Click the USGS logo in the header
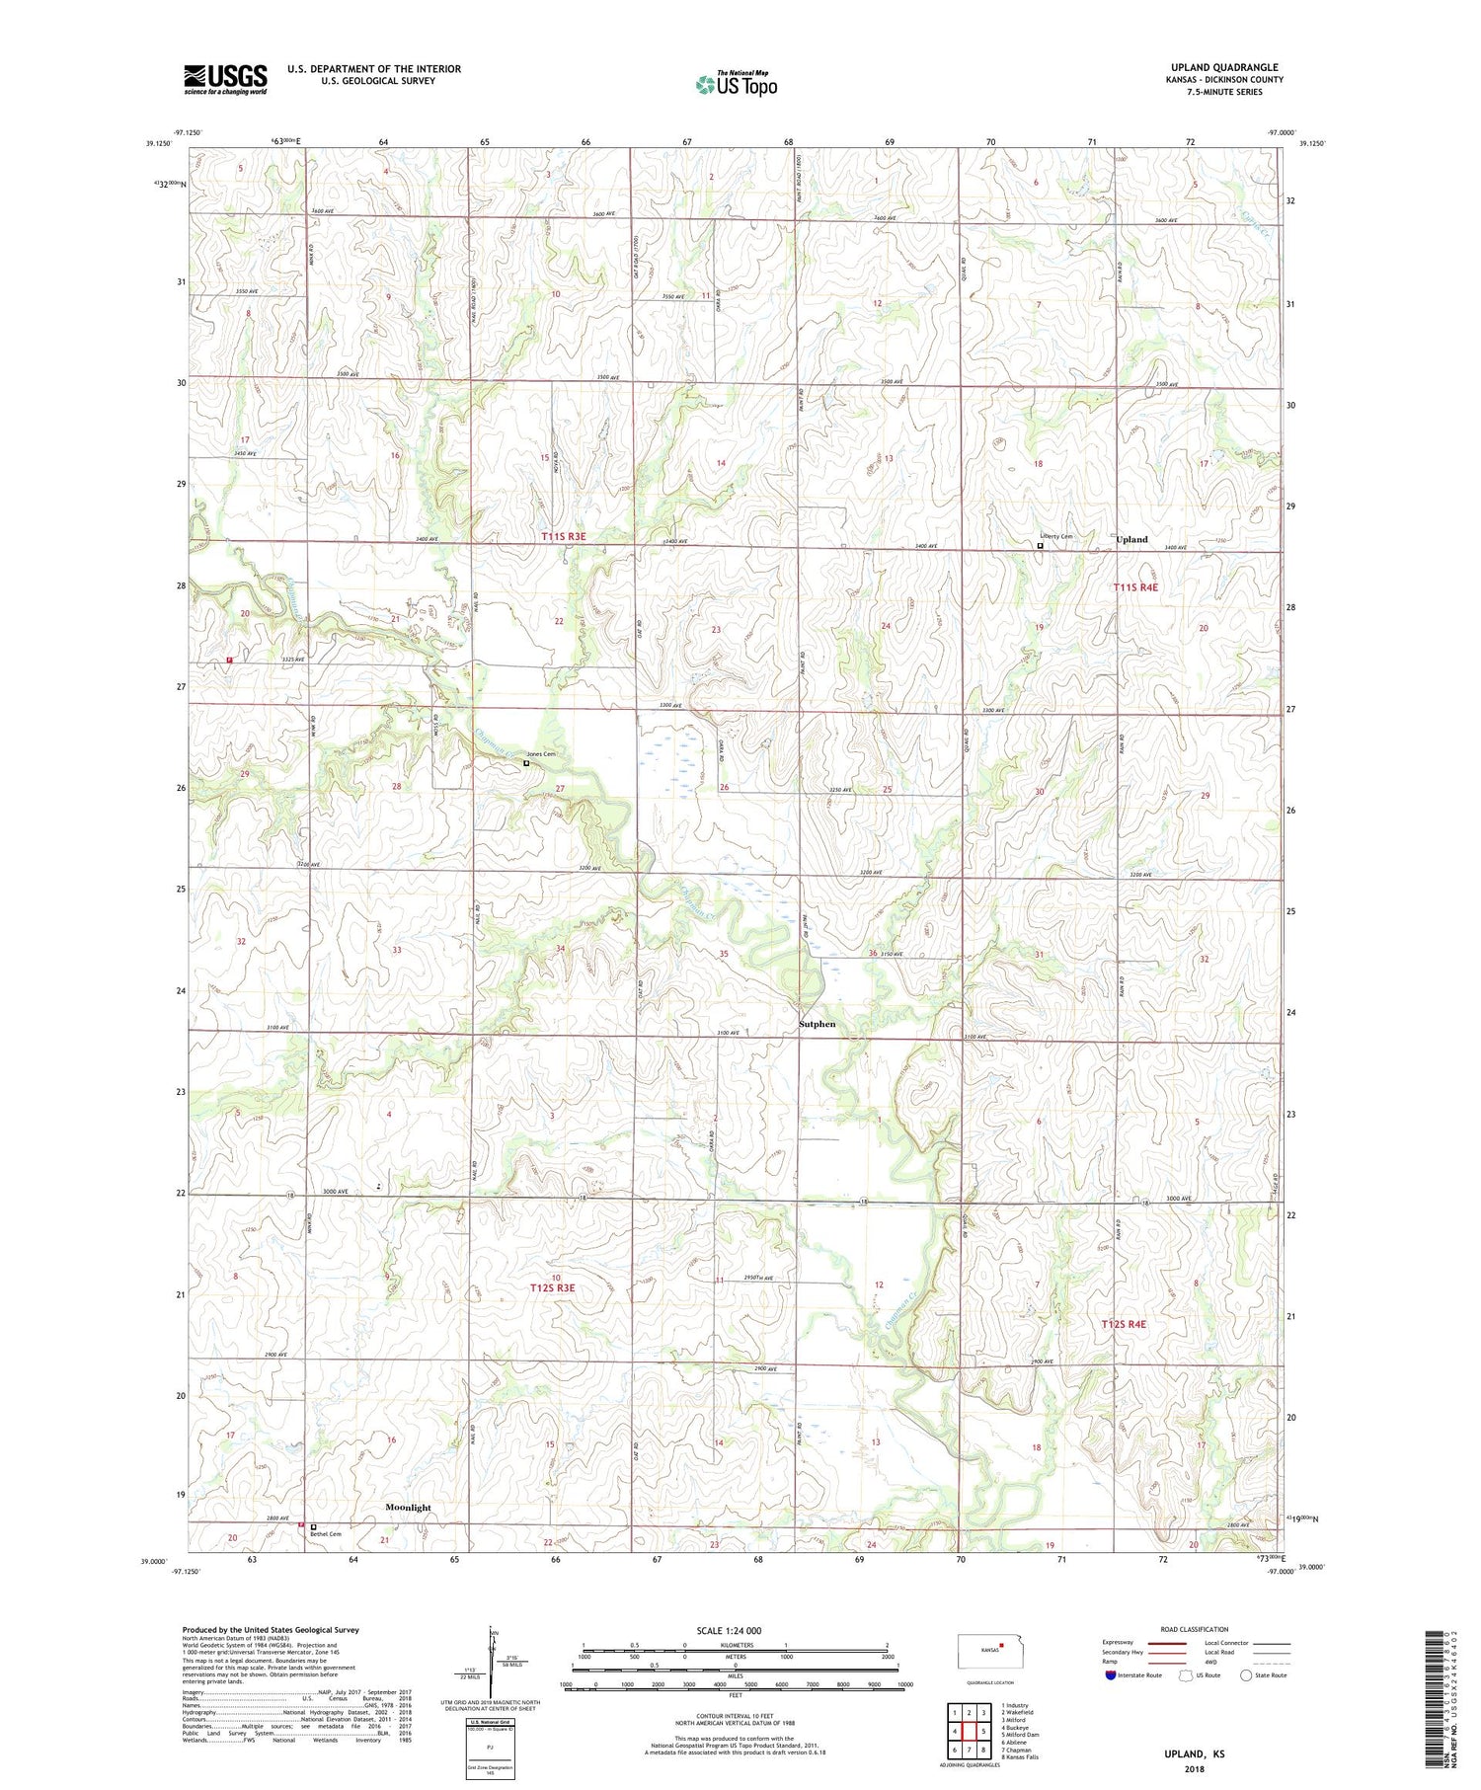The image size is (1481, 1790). tap(225, 79)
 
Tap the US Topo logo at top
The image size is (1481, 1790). tap(736, 85)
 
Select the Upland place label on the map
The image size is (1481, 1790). tap(1131, 540)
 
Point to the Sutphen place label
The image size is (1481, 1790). tap(817, 1024)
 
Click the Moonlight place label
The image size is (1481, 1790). tap(408, 1508)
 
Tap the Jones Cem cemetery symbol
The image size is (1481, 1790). tap(526, 763)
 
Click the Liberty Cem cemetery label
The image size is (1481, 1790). tap(1056, 536)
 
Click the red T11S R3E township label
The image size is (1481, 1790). tap(564, 536)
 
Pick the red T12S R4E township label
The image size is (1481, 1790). tap(1124, 1323)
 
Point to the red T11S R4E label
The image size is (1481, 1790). tap(1135, 587)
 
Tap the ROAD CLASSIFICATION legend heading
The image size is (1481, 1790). tap(1195, 1629)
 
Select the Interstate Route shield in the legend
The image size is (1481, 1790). tap(1111, 1675)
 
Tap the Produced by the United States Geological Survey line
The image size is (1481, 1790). tap(270, 1630)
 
